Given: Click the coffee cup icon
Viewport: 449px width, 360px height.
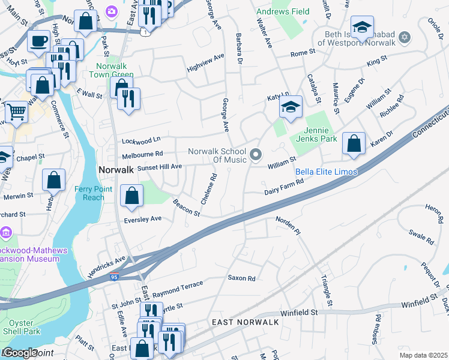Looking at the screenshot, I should pos(39,41).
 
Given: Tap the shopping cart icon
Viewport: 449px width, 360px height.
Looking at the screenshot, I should pos(16,111).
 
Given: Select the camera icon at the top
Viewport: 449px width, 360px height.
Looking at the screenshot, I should pos(111,11).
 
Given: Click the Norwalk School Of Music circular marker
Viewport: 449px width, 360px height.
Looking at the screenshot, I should pos(256,155).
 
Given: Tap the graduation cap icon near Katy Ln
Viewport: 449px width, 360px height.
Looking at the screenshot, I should pos(291,107).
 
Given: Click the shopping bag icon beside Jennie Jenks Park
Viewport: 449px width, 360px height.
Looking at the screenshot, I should pos(354,144).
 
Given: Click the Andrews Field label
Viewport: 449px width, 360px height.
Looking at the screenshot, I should pos(283,11).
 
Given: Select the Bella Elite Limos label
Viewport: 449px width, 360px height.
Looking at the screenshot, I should pos(327,172).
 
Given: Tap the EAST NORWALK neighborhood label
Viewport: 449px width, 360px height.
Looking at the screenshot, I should pos(246,323).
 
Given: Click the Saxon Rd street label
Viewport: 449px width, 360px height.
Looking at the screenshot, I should pos(241,278).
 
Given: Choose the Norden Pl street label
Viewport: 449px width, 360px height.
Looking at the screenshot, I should pos(288,224).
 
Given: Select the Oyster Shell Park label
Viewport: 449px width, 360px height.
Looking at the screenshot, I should pos(19,326).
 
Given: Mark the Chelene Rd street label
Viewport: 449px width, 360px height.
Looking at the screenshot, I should pos(208,188).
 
